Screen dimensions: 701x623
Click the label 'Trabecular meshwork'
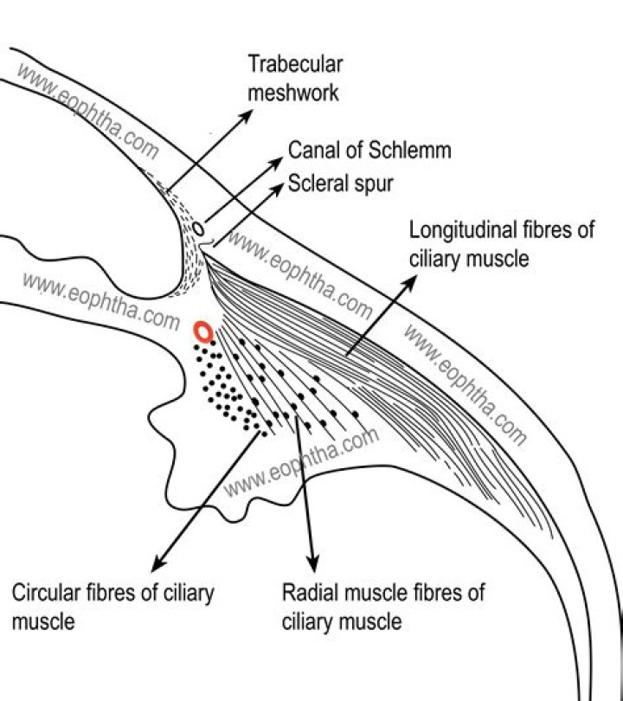point(295,77)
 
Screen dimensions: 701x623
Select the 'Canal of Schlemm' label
point(369,150)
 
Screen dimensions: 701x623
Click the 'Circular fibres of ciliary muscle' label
point(112,607)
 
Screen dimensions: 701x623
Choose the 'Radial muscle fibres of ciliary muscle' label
point(383,607)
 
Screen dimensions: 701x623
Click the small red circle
point(202,331)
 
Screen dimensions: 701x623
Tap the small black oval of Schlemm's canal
point(198,229)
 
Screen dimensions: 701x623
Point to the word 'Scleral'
point(314,183)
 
